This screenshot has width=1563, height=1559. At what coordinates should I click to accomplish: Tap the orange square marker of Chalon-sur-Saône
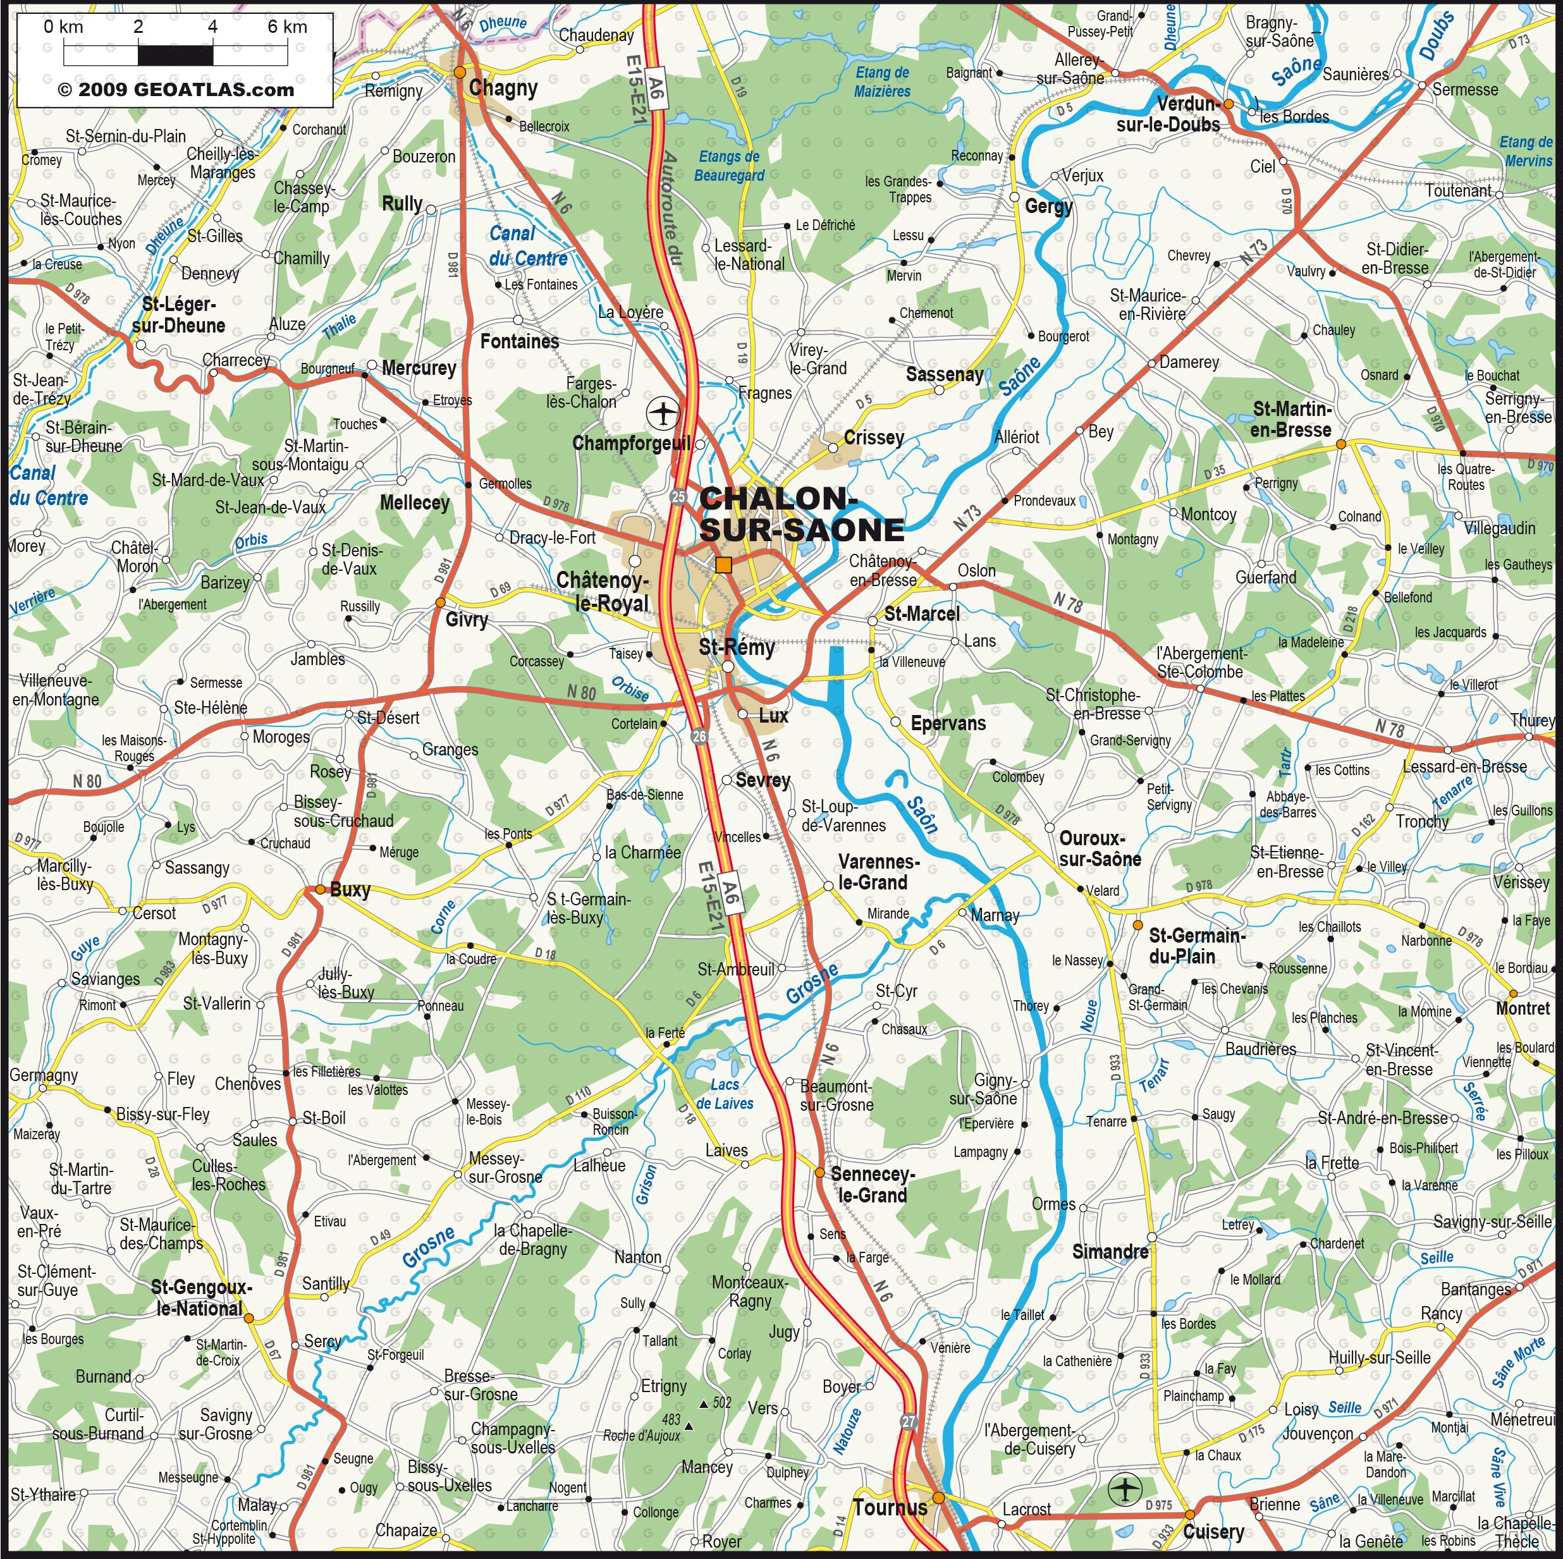(723, 565)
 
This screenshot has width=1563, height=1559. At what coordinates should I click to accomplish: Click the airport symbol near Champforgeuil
(663, 413)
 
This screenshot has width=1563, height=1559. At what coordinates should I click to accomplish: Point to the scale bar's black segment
(176, 55)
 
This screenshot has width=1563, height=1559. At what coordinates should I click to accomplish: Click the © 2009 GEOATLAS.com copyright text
(176, 90)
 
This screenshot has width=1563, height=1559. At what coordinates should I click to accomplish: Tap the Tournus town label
(889, 1507)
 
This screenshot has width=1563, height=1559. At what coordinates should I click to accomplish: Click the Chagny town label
(503, 87)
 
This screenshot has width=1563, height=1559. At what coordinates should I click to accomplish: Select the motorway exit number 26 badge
(699, 735)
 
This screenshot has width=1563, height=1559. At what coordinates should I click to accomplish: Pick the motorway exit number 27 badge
(909, 1421)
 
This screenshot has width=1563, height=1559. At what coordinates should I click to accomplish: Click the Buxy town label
(350, 890)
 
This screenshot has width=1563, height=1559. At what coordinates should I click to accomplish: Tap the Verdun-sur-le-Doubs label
(1169, 114)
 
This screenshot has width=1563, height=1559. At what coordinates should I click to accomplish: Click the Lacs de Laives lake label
(724, 1094)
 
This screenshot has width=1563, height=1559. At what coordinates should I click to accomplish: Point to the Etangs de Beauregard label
(729, 166)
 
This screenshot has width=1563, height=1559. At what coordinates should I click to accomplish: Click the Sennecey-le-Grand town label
(872, 1184)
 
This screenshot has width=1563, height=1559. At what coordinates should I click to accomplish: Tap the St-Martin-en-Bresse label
(1291, 419)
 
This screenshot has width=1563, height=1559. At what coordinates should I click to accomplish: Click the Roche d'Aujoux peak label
(642, 1436)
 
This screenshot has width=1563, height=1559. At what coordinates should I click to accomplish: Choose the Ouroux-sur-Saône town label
(1100, 848)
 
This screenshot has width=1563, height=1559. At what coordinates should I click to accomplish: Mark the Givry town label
(467, 620)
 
